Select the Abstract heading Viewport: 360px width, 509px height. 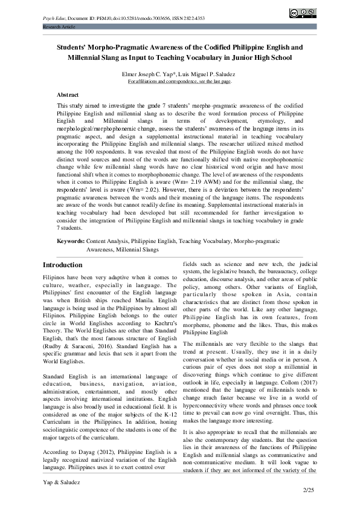(x=68, y=95)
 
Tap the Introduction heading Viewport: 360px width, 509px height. (x=63, y=265)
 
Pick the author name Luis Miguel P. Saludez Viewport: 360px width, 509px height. (x=205, y=73)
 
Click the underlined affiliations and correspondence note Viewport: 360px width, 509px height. (x=179, y=80)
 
